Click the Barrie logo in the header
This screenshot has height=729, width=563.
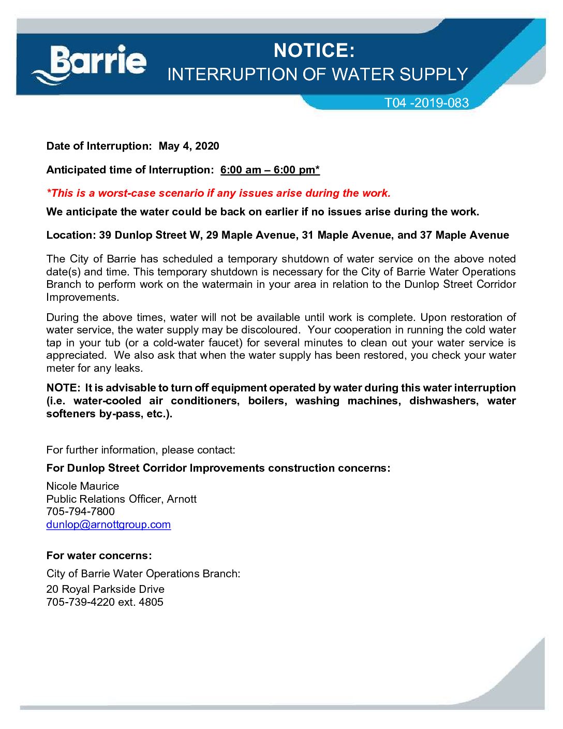90,64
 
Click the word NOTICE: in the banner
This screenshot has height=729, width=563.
314,51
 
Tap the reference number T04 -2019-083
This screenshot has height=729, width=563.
426,103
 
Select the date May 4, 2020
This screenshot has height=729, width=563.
189,146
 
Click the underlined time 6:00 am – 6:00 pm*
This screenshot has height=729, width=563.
270,170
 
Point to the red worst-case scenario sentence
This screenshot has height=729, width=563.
218,193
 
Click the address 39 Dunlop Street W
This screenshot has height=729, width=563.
150,235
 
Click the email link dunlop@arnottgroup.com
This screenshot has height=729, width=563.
108,524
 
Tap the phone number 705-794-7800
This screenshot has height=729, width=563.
80,512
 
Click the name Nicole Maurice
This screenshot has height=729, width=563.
82,486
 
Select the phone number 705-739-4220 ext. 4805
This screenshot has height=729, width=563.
105,602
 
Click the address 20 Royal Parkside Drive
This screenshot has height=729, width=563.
105,589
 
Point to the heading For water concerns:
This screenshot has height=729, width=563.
99,556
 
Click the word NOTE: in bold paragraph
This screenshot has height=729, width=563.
63,388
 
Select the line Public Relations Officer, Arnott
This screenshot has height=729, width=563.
121,499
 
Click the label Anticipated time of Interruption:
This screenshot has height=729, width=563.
130,170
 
